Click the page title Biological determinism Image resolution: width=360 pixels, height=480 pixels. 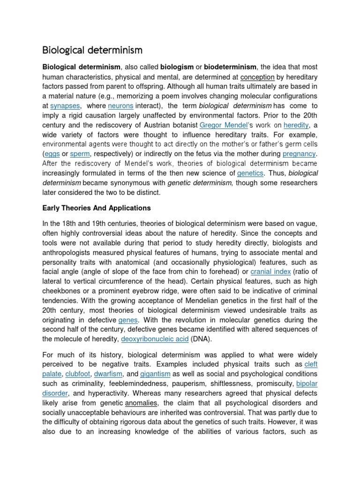92,50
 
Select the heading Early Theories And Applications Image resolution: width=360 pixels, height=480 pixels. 97,208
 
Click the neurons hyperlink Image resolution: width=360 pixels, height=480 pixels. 120,106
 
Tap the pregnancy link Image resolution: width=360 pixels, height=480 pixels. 299,154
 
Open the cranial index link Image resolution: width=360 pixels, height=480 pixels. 270,271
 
